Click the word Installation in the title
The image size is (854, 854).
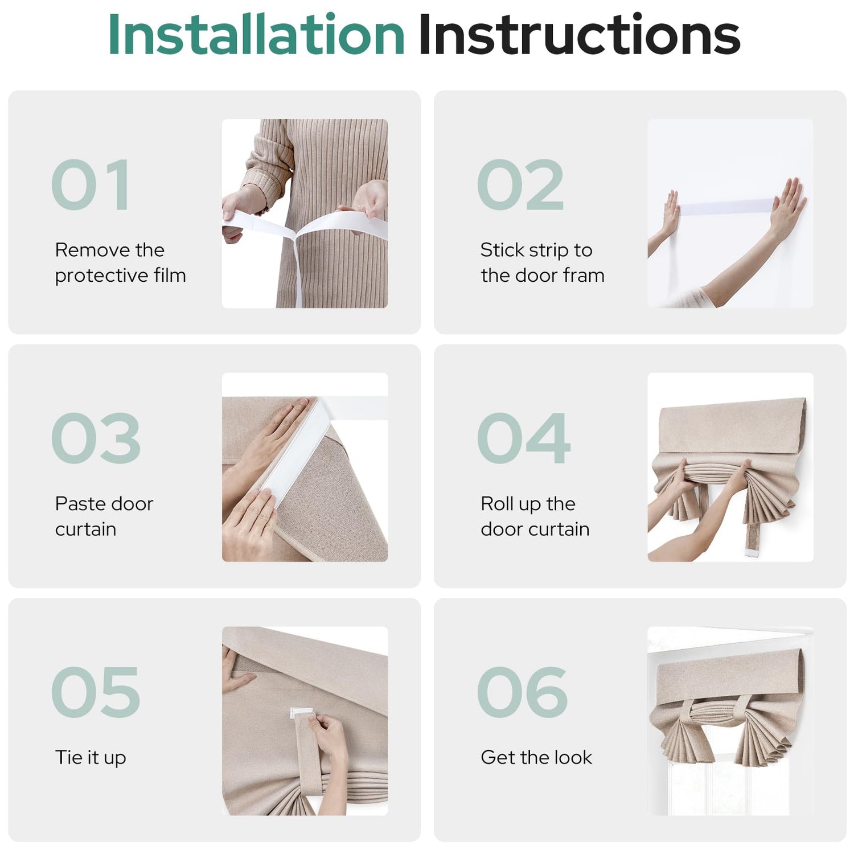(256, 35)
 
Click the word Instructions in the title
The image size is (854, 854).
(579, 35)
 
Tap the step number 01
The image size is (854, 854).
(91, 184)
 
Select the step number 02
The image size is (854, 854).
(520, 184)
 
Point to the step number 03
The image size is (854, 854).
(96, 438)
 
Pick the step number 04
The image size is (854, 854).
(523, 438)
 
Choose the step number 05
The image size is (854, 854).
(96, 692)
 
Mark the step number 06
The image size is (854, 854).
(522, 692)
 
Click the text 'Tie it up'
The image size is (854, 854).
(91, 758)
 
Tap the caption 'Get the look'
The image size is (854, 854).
(536, 757)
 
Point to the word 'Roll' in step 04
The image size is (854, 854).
(496, 503)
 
